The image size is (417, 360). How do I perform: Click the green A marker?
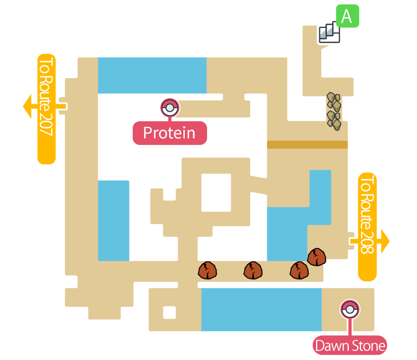(x=347, y=16)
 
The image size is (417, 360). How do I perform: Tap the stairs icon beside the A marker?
(x=329, y=33)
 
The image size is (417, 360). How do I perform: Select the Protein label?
(x=169, y=133)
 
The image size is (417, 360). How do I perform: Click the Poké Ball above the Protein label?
(x=170, y=108)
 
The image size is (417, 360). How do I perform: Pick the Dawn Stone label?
(x=350, y=346)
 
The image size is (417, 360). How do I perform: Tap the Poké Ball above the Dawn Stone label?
(x=350, y=309)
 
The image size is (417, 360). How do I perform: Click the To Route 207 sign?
(x=46, y=109)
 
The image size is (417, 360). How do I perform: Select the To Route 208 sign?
(x=368, y=226)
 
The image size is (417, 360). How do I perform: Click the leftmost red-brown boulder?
(x=208, y=270)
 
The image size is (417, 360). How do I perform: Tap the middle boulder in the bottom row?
(x=254, y=270)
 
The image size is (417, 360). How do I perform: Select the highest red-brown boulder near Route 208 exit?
(x=317, y=257)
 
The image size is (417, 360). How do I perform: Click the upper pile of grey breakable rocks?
(x=334, y=101)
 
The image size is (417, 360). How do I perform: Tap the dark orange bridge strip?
(x=307, y=144)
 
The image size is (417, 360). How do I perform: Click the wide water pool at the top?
(x=152, y=75)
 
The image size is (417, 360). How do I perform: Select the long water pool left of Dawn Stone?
(x=261, y=309)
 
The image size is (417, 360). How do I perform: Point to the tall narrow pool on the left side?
(x=113, y=220)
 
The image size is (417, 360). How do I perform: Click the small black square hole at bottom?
(x=170, y=313)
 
